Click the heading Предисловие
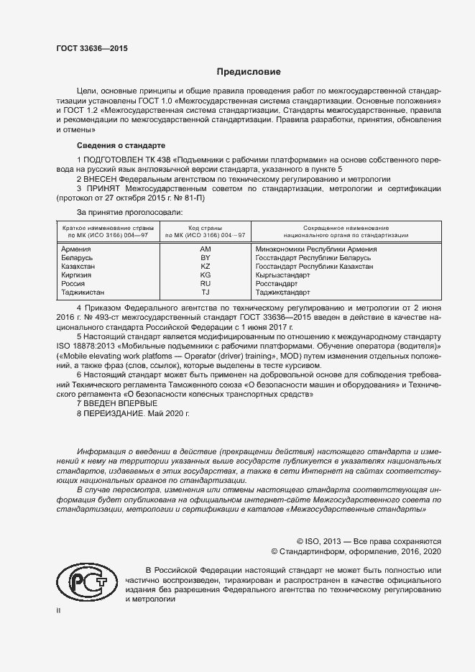click(x=249, y=72)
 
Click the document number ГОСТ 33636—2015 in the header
click(x=93, y=49)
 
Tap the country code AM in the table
click(x=205, y=249)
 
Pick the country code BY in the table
click(x=205, y=257)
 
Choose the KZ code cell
click(x=205, y=266)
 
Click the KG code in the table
click(x=205, y=275)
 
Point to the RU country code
click(x=205, y=283)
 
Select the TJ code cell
click(x=205, y=292)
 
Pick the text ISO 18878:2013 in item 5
click(x=87, y=346)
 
